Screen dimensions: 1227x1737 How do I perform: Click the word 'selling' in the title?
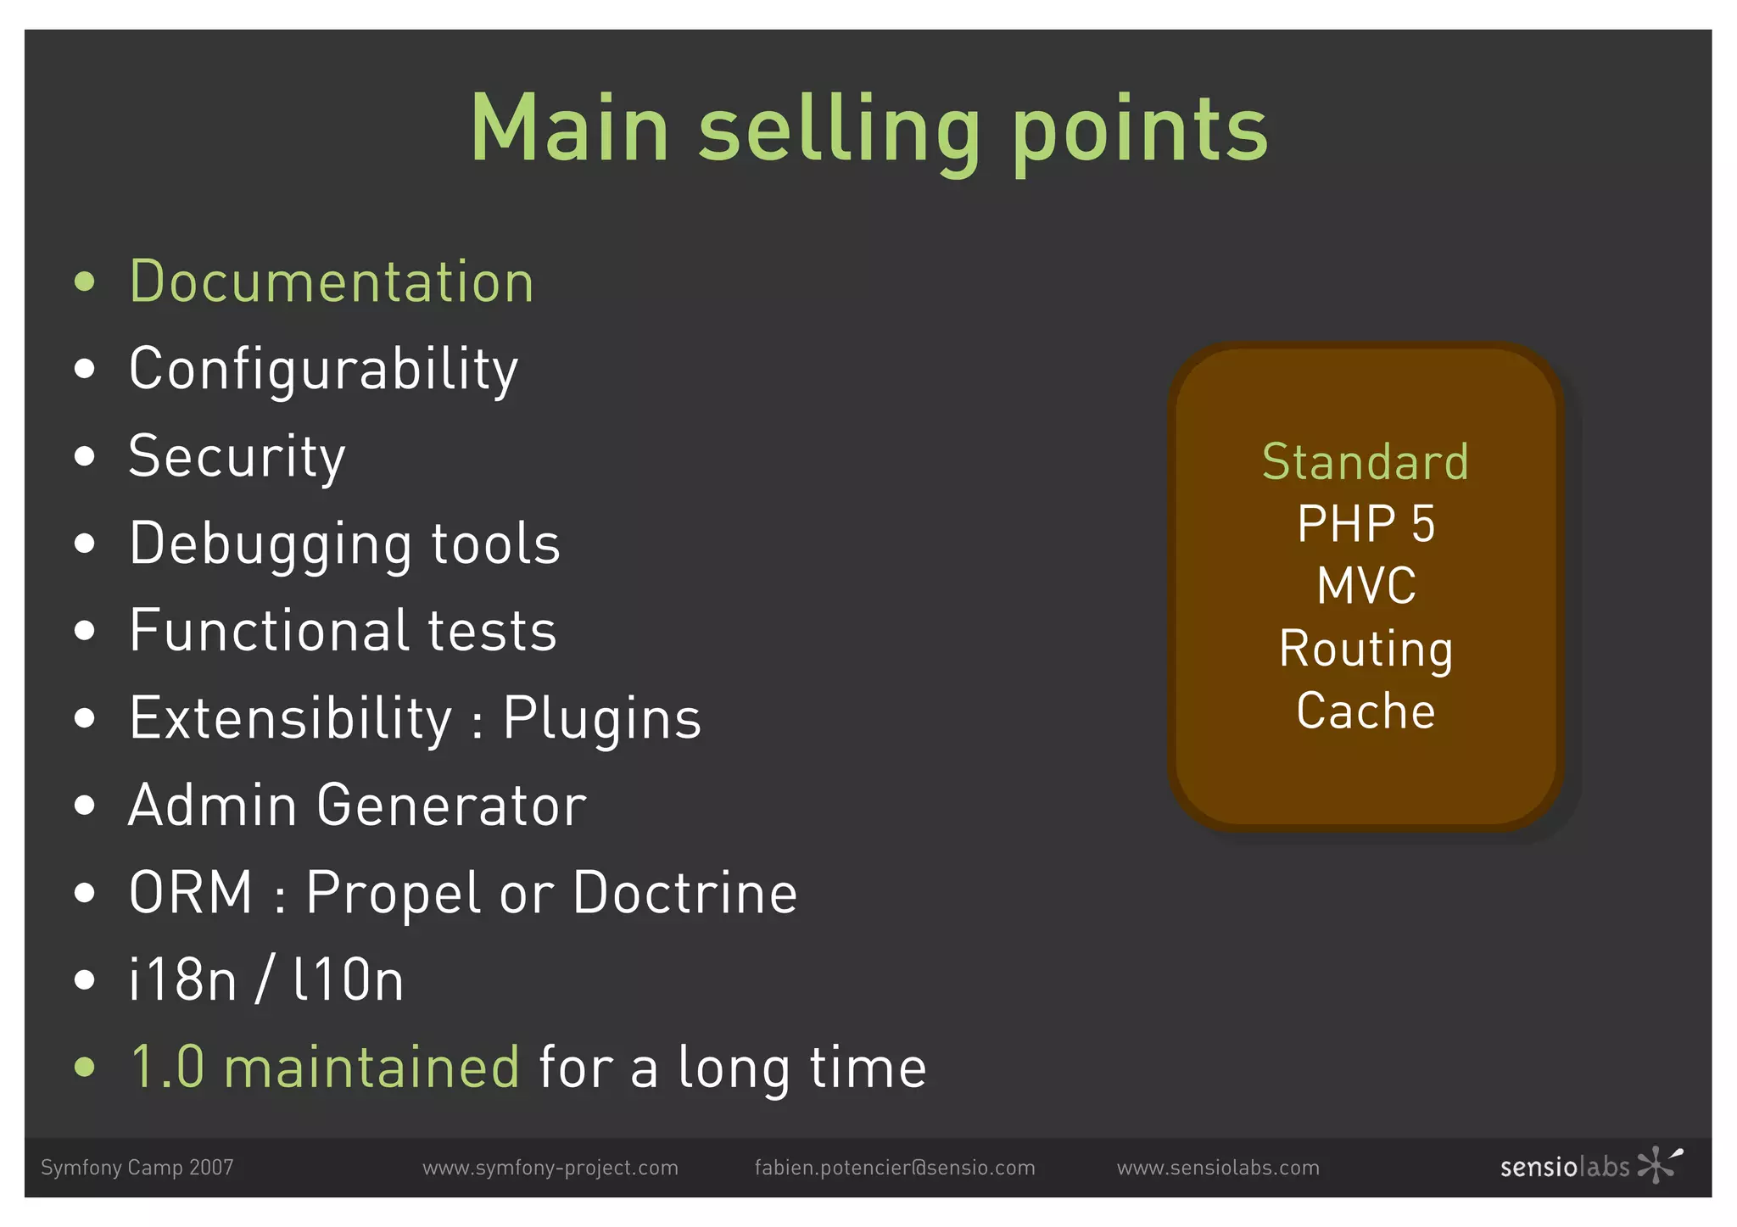coord(839,129)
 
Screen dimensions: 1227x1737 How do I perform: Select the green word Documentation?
coord(332,282)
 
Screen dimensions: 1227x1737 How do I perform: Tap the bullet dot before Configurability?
coord(84,369)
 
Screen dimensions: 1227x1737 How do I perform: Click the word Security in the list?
coord(237,456)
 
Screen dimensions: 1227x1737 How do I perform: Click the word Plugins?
coord(601,719)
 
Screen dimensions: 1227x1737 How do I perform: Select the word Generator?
coord(451,806)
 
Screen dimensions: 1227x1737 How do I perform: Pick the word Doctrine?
coord(684,894)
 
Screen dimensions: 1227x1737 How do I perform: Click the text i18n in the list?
coord(182,981)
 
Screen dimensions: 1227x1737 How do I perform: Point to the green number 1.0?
coord(167,1068)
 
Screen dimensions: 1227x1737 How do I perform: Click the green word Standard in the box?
coord(1365,462)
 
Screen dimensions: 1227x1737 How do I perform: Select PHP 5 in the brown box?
coord(1366,524)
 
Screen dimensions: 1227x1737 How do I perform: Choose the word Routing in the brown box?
coord(1366,650)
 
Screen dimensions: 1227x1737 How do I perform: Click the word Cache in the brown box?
coord(1366,711)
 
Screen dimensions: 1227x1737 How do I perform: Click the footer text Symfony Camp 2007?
coord(137,1168)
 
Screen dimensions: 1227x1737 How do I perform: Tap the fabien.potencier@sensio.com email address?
coord(895,1168)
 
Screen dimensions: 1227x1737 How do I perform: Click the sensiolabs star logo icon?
coord(1659,1164)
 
